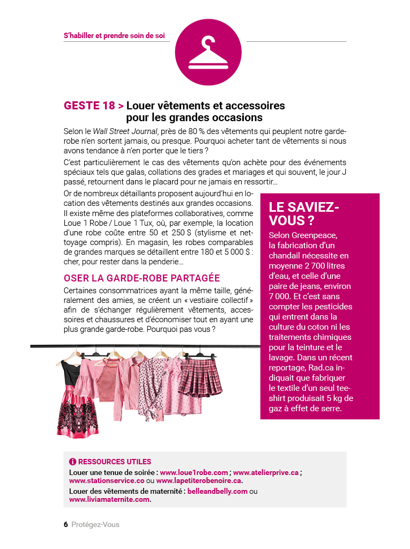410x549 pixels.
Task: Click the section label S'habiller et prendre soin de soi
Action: pos(114,36)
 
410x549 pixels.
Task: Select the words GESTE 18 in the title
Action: pos(90,106)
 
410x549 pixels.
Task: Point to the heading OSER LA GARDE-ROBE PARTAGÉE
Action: pos(141,278)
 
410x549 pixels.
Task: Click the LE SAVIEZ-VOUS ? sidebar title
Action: pos(304,214)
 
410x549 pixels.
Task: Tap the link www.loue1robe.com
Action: pos(194,472)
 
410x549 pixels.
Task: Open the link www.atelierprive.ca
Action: pos(266,472)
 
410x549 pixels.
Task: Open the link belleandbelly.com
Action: pos(218,491)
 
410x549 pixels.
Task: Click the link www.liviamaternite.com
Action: pos(109,500)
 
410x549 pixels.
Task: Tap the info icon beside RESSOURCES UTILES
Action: pos(73,462)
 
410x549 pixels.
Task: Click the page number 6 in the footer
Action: pos(65,524)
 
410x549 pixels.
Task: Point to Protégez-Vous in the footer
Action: pos(95,524)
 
